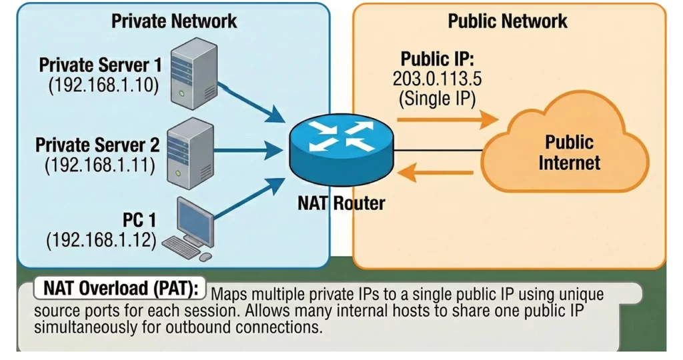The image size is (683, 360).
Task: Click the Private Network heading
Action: pos(174,21)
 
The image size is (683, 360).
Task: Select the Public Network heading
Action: pos(508,21)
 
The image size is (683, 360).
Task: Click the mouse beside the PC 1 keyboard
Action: pos(205,257)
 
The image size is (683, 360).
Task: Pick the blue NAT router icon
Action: pos(341,152)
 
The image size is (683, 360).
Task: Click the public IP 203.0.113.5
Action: pos(437,79)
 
